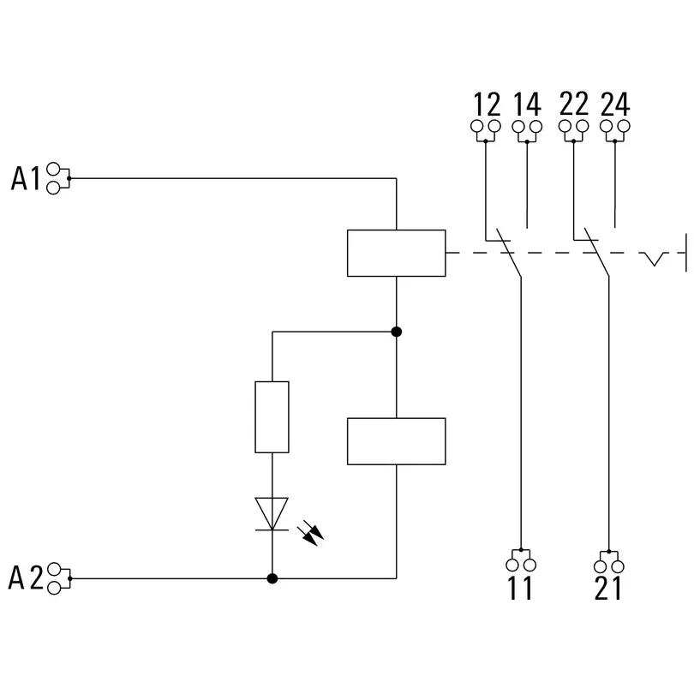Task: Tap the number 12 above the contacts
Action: click(486, 105)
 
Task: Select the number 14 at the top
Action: click(527, 105)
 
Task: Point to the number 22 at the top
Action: click(573, 105)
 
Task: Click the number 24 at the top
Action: click(615, 105)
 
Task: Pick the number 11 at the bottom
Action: click(520, 589)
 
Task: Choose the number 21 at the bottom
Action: click(607, 589)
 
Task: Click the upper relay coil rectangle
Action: click(396, 253)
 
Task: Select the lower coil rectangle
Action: click(396, 441)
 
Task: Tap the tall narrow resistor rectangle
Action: click(272, 417)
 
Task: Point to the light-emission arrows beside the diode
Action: click(310, 535)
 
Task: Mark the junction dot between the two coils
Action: click(396, 332)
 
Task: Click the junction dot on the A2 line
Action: click(272, 578)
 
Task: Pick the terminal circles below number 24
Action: click(615, 128)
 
